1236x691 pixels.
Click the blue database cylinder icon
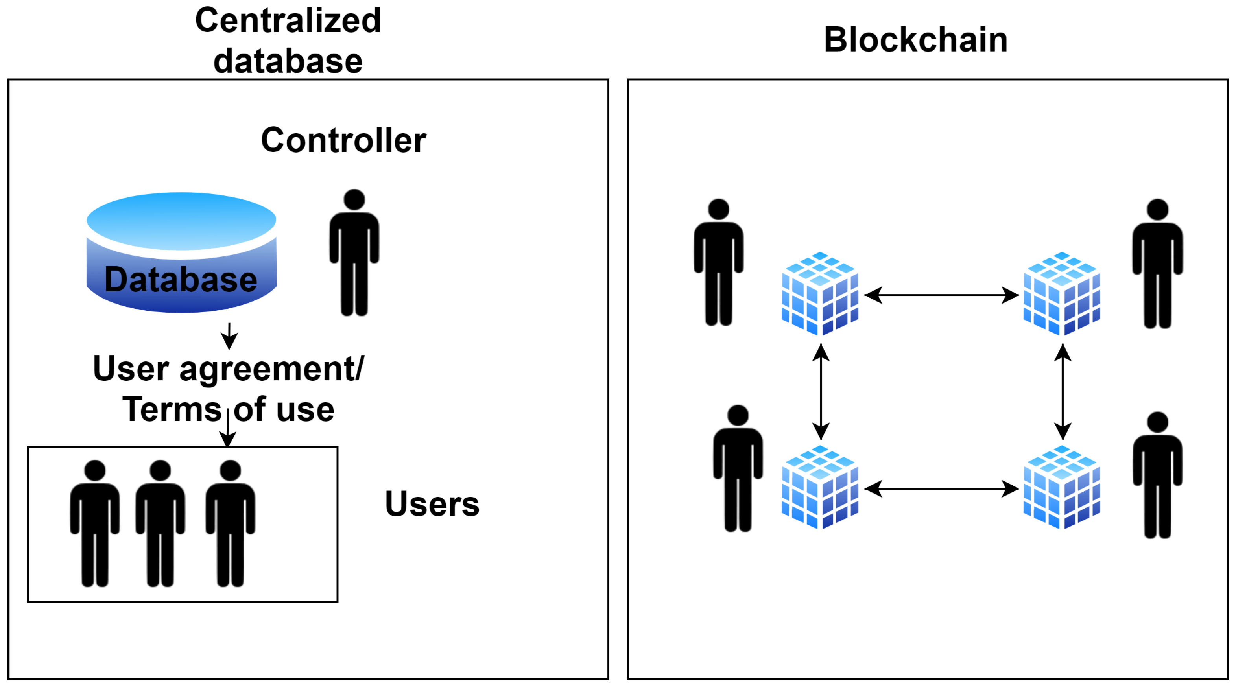[181, 252]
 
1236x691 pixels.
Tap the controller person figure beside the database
[354, 252]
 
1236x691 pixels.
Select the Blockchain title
[915, 39]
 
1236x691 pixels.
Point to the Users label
[432, 504]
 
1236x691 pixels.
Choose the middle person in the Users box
[160, 523]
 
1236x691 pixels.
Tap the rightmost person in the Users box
[230, 523]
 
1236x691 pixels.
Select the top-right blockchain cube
[1062, 294]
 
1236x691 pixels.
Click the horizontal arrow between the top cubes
[941, 295]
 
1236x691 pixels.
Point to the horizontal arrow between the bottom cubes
[941, 489]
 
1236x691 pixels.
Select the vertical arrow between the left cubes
[821, 392]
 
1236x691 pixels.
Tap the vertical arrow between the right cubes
[1063, 392]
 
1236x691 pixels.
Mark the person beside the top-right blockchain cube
[1157, 264]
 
